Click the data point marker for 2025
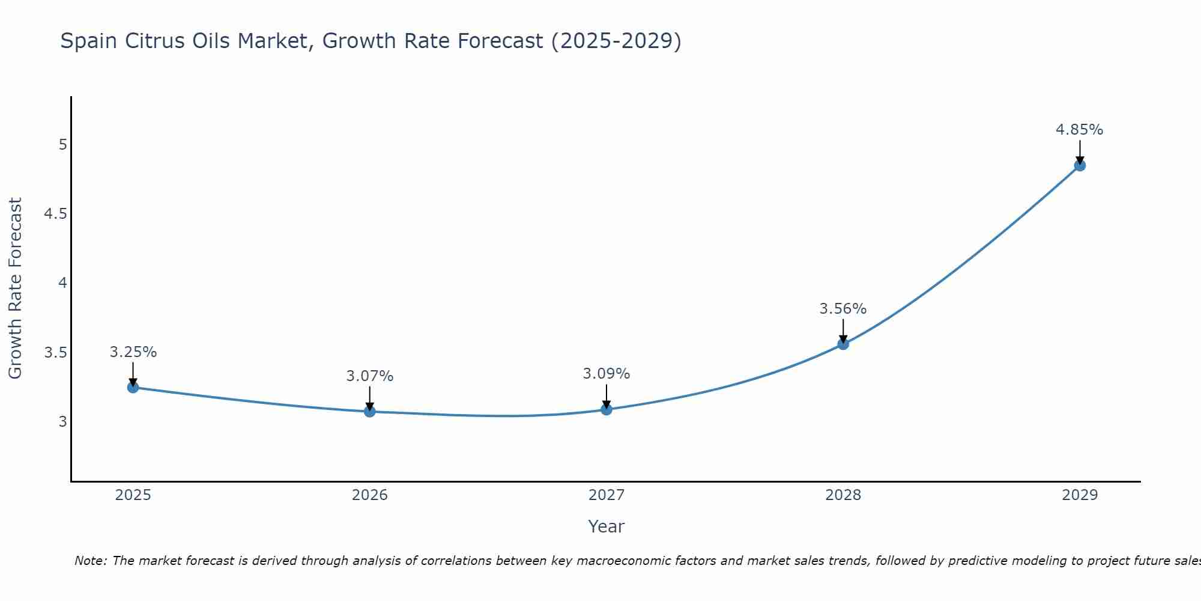(133, 387)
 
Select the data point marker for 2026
(369, 412)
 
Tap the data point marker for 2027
(606, 409)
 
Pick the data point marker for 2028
(843, 344)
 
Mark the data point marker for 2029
(1079, 165)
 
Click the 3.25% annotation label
(133, 352)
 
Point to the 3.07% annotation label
(369, 376)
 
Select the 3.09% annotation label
(606, 374)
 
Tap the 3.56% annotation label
(843, 309)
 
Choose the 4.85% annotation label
(1079, 130)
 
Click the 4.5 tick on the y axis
(55, 214)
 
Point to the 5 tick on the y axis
(62, 145)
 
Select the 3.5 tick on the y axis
(55, 352)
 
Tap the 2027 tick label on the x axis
(606, 495)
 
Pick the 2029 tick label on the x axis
(1079, 495)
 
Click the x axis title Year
(606, 526)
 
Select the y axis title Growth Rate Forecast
(15, 288)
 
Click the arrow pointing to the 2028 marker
(843, 331)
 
